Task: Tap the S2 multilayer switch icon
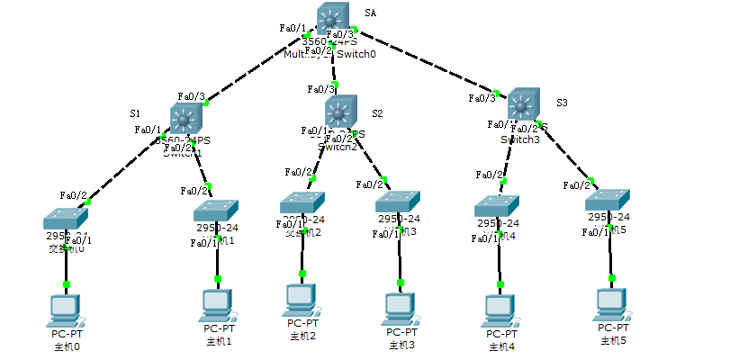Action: (339, 112)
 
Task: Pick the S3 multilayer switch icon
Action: (524, 104)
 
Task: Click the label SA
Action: (370, 13)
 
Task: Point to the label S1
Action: (135, 113)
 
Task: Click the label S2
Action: (376, 113)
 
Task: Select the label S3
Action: (562, 103)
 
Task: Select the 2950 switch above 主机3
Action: (398, 201)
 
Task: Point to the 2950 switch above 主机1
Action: (216, 211)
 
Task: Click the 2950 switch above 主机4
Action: (498, 206)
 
